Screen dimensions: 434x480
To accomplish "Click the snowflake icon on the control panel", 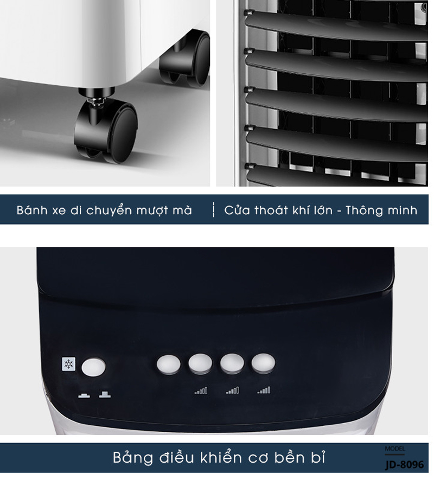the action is click(x=68, y=364).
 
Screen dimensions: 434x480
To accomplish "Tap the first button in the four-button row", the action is click(x=169, y=364).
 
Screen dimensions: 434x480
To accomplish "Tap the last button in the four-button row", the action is click(x=264, y=363).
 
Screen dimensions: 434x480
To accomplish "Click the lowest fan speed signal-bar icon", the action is click(x=201, y=391).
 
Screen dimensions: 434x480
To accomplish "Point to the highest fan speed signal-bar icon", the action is click(x=264, y=390).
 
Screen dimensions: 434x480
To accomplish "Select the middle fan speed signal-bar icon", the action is click(x=233, y=391).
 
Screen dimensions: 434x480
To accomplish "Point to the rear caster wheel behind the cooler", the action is click(x=185, y=58).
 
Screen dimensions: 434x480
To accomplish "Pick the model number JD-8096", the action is click(x=405, y=464).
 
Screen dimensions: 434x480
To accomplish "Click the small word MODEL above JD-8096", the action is click(x=395, y=449).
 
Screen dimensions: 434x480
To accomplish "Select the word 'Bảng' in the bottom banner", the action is click(x=133, y=458).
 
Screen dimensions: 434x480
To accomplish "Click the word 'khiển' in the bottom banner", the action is click(x=221, y=457).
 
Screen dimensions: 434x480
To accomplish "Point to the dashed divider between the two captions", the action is click(x=214, y=210).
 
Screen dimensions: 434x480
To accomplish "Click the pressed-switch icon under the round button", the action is click(x=84, y=395).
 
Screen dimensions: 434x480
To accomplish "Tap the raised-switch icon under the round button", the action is click(x=105, y=395).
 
